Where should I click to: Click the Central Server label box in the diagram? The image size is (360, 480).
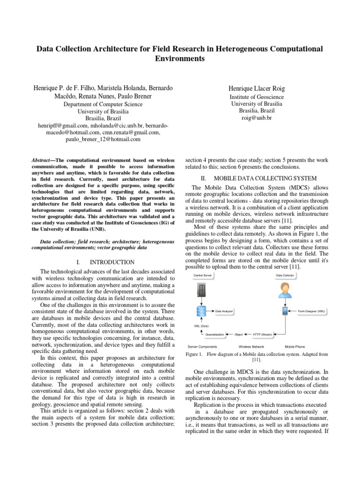(202, 276)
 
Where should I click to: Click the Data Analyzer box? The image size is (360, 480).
(224, 311)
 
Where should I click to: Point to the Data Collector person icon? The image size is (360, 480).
(284, 290)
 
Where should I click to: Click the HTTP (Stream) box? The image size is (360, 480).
(262, 334)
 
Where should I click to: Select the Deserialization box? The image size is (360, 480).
(215, 334)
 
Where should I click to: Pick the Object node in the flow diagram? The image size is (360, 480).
(239, 334)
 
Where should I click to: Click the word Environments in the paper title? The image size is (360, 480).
(180, 59)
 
